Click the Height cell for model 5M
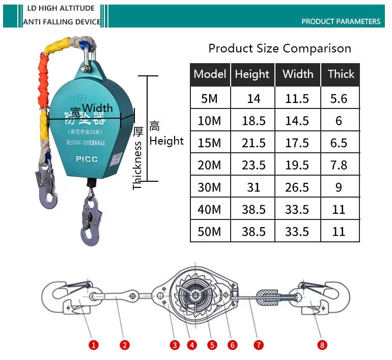point(253,98)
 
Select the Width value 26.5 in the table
point(297,187)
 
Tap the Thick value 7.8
point(339,165)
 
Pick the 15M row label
point(210,143)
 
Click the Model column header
point(210,74)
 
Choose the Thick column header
point(341,74)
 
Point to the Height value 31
point(253,187)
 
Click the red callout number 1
point(94,345)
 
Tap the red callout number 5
point(212,345)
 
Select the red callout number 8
point(322,345)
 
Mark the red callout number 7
point(259,345)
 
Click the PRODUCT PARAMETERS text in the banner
point(341,21)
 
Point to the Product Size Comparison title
point(279,49)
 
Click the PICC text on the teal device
point(87,159)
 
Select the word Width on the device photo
point(97,108)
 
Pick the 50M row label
point(210,232)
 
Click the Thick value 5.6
point(339,98)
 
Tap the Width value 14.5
point(297,121)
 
